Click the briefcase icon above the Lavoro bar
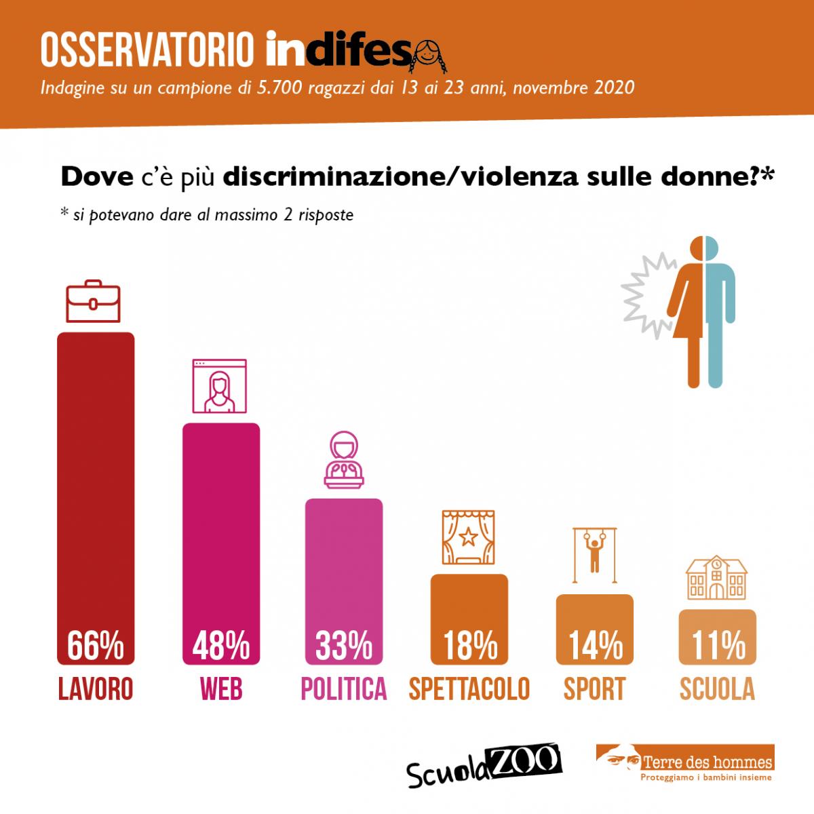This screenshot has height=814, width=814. click(x=94, y=301)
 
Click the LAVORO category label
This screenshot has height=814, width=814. click(x=96, y=689)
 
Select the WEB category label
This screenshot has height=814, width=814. click(x=221, y=689)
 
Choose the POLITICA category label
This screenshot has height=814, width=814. click(x=344, y=689)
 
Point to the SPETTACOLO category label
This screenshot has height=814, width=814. click(x=469, y=689)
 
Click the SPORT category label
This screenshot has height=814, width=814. click(x=595, y=689)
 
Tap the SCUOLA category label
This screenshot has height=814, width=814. click(x=718, y=689)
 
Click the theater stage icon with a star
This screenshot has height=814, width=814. click(x=468, y=538)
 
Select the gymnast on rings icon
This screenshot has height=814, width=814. click(x=595, y=555)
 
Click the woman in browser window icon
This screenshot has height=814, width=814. click(x=220, y=387)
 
